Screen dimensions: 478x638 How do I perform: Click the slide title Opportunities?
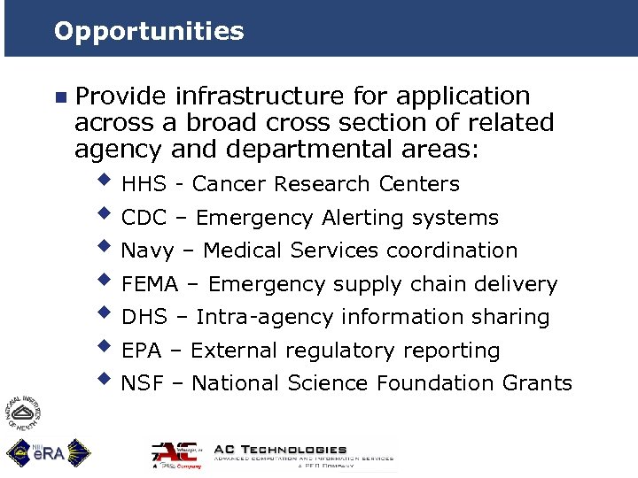tap(148, 32)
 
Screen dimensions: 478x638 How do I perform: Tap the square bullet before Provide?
tap(59, 96)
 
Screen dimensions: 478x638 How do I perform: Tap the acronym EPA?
tap(142, 351)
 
